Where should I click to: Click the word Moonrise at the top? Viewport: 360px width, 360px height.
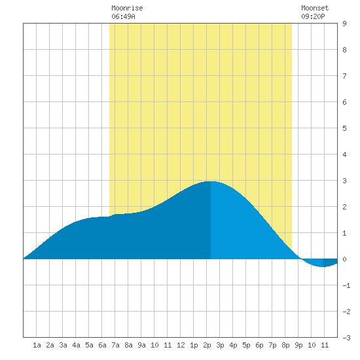point(127,8)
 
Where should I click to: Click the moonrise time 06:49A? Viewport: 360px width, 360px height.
point(123,16)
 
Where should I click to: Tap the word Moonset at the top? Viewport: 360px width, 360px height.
point(315,8)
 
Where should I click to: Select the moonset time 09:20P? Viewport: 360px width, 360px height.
point(313,16)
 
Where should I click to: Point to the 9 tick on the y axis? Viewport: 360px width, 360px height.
point(344,24)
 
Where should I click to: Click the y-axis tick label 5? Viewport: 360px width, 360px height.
point(344,128)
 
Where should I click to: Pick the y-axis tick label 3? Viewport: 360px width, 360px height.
point(344,181)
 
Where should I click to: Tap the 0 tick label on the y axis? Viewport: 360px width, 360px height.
point(344,259)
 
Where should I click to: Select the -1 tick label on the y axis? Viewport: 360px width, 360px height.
point(346,285)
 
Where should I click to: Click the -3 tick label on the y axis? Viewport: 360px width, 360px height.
point(346,338)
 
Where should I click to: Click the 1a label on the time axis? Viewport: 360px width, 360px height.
point(37,345)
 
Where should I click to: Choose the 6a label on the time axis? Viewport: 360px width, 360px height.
point(102,345)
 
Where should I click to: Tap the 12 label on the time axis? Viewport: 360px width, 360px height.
point(181,345)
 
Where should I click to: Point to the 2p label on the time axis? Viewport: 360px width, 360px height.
point(207,345)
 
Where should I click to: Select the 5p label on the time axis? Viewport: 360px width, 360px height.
point(246,345)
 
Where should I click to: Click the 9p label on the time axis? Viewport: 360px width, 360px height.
point(298,345)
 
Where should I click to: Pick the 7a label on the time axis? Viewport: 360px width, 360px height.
point(115,345)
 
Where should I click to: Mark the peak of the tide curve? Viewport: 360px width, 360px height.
point(211,181)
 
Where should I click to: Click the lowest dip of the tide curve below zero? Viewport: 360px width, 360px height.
point(323,267)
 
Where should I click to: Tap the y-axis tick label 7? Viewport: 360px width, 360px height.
point(344,76)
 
